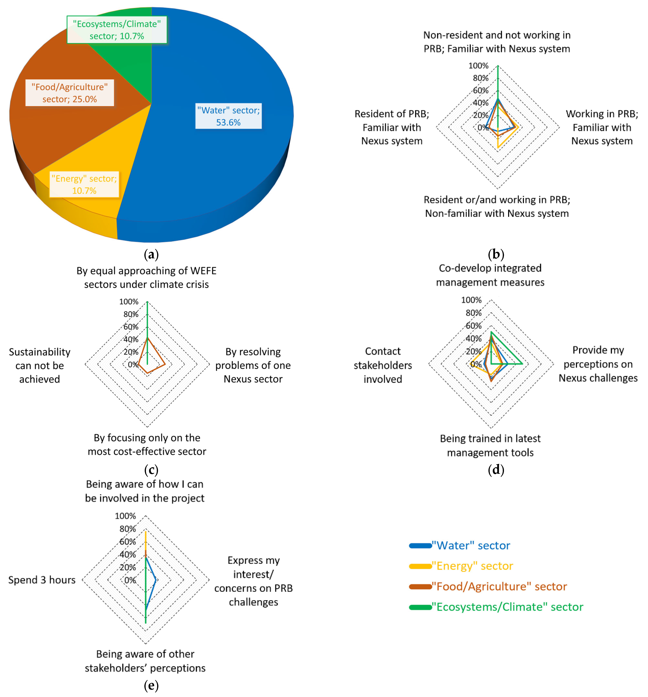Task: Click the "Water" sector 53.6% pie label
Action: coord(228,116)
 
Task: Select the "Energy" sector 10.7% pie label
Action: coord(84,184)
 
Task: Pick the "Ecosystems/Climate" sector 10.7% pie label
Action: coord(117,30)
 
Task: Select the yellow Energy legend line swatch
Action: coord(420,566)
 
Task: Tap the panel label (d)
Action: coord(496,469)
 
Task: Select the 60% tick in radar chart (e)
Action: coord(128,541)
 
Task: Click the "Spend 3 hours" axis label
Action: coord(42,580)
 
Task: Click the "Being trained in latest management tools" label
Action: coord(490,445)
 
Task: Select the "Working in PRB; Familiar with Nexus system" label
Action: coord(602,127)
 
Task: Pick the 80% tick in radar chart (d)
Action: coord(473,313)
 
